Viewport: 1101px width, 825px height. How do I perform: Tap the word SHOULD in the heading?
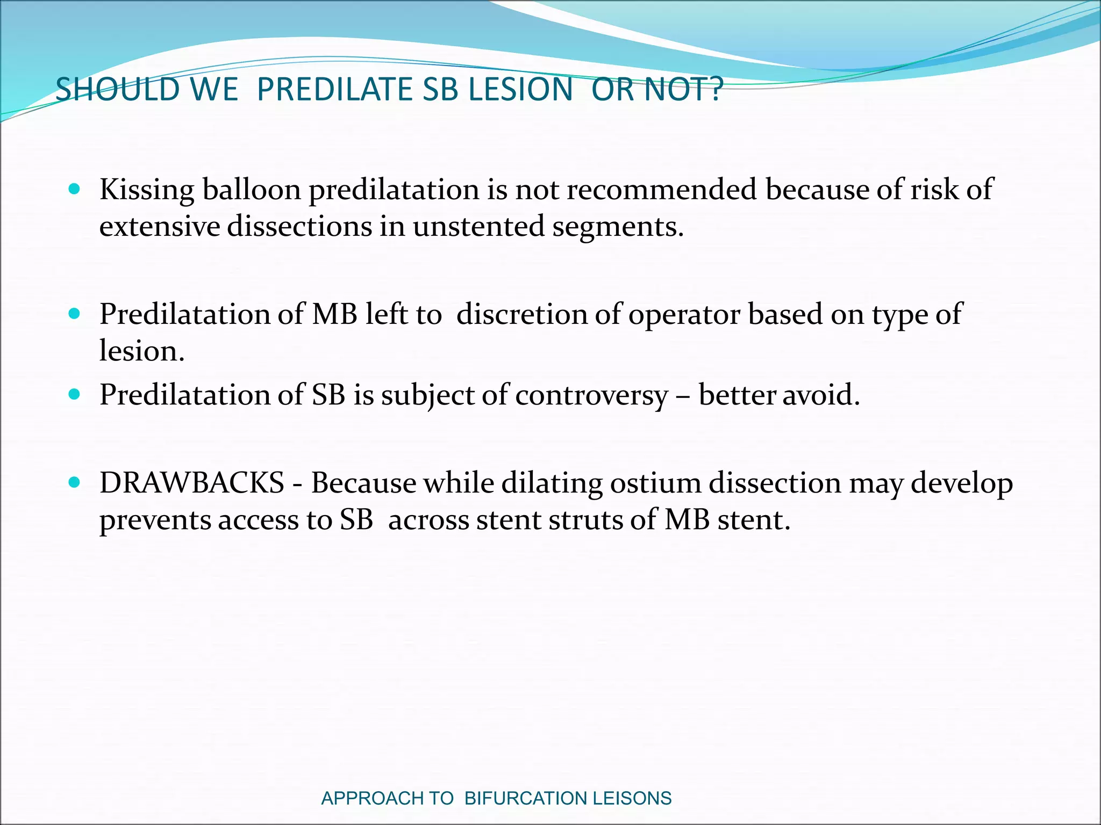117,89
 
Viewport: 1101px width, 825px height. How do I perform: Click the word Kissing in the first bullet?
147,190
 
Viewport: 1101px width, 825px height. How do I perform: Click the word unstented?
478,227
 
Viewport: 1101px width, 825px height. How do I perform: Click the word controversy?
591,396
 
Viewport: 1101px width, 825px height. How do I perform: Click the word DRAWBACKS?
192,483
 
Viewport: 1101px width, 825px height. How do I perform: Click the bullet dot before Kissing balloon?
75,189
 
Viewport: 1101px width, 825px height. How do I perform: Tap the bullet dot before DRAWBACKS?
75,482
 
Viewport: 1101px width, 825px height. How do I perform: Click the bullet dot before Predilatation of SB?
75,395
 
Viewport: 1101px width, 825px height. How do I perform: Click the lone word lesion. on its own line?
142,351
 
